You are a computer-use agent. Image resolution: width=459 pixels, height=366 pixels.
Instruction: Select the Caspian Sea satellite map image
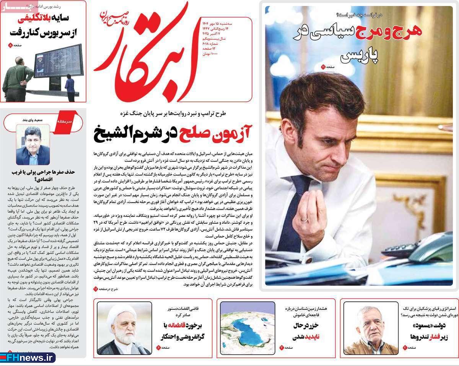[x=247, y=327]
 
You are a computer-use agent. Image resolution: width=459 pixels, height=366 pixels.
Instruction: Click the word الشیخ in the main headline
[x=115, y=133]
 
